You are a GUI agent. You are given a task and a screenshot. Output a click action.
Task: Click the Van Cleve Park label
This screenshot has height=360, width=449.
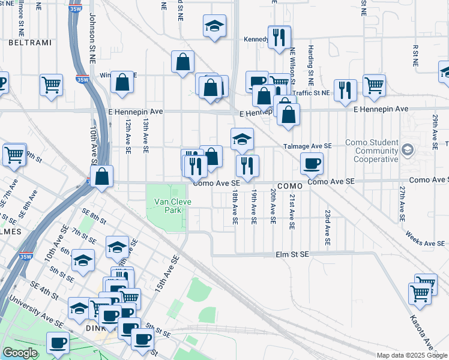(x=173, y=206)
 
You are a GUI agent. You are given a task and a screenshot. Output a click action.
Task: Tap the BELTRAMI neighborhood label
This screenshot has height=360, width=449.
(x=23, y=42)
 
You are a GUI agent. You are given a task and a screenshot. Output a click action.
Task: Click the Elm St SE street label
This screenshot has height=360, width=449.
(x=292, y=254)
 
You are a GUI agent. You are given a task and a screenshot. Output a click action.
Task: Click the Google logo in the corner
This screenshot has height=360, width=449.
(x=20, y=353)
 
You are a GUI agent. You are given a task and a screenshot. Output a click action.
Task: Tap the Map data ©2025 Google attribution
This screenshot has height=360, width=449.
(x=412, y=355)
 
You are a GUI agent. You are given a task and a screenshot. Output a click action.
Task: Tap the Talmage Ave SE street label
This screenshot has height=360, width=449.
(x=310, y=146)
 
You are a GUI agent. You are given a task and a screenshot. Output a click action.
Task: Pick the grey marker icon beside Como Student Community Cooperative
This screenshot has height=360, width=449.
(x=408, y=149)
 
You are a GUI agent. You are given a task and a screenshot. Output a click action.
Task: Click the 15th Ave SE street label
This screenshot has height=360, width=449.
(x=167, y=274)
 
